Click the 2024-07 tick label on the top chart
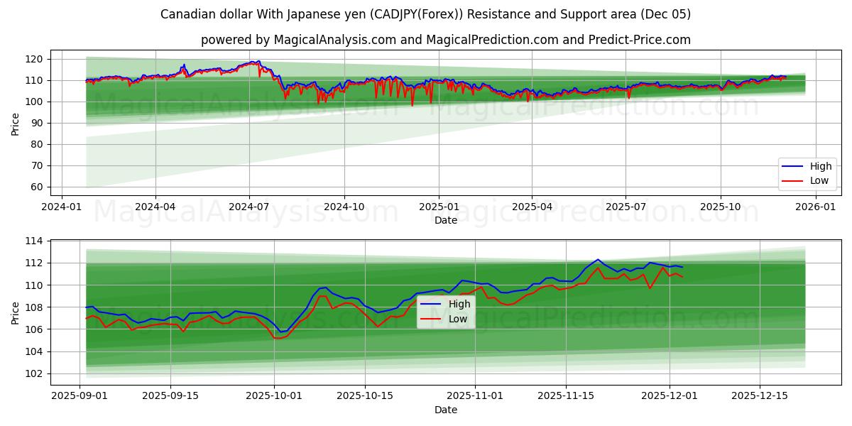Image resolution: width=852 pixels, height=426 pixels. (249, 206)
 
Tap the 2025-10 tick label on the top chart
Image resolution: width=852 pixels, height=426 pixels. (721, 206)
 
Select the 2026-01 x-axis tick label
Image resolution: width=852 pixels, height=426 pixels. (814, 206)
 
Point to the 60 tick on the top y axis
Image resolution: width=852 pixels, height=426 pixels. (36, 187)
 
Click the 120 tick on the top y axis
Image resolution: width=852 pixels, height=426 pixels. (33, 59)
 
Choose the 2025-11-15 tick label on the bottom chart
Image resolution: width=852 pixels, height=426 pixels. (566, 395)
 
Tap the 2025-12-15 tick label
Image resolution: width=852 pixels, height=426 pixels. (760, 395)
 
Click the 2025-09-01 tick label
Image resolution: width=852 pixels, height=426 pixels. (80, 395)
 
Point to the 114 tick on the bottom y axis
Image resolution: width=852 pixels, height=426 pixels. (33, 241)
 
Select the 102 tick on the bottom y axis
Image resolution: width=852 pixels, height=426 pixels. (33, 373)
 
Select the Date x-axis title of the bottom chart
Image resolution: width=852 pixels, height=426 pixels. (445, 410)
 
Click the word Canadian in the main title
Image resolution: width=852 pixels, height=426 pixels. (186, 14)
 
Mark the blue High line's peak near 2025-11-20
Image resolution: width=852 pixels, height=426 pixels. (598, 260)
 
